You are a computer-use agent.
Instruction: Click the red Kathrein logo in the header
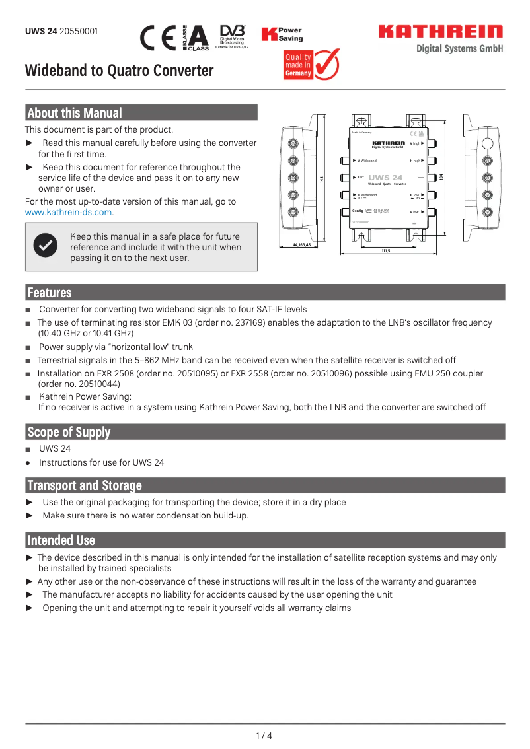point(440,32)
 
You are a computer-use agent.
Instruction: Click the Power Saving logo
point(282,35)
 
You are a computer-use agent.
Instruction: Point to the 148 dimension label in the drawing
point(322,180)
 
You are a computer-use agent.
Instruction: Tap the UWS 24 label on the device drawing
point(385,178)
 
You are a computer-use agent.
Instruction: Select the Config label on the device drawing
point(358,211)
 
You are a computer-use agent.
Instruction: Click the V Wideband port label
point(366,160)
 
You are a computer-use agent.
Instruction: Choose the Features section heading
point(49,293)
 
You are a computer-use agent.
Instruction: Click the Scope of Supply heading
point(69,432)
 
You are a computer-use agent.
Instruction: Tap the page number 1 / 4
point(264,736)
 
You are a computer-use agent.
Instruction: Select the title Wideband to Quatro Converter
point(119,71)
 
